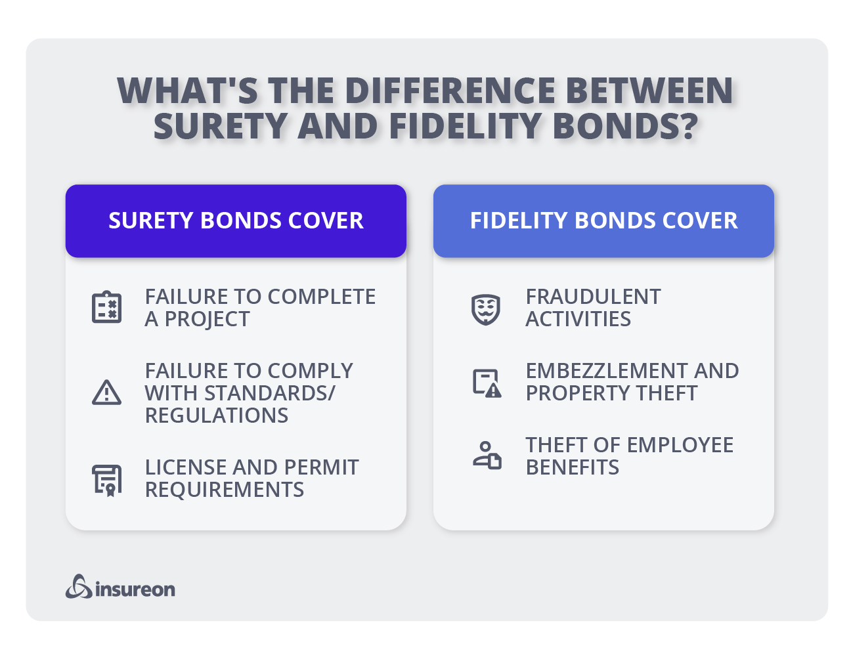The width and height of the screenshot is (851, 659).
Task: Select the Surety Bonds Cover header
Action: [236, 221]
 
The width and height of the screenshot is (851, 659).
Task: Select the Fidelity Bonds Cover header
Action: [603, 221]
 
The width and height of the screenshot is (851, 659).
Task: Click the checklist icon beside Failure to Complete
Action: [106, 307]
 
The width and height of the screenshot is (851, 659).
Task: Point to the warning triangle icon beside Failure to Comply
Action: [106, 393]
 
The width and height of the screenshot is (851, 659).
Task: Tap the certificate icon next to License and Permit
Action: [106, 480]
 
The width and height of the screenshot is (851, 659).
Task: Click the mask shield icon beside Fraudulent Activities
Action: [486, 308]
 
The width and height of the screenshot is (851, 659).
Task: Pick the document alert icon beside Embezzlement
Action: [487, 383]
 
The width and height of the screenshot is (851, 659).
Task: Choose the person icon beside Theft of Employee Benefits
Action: [487, 456]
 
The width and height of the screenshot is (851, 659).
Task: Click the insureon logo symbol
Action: [79, 587]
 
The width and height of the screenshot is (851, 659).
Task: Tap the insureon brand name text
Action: [135, 589]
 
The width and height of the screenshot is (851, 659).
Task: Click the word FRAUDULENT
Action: [593, 297]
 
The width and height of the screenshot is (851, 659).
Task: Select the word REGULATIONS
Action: [217, 415]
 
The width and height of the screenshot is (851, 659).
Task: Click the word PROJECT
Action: [207, 319]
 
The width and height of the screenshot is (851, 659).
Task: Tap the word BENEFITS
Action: [573, 467]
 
